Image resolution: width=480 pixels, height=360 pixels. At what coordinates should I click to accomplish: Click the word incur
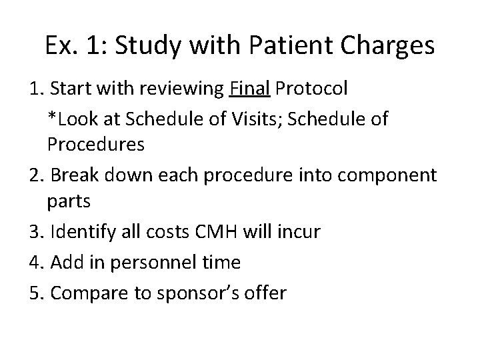tap(301, 232)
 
